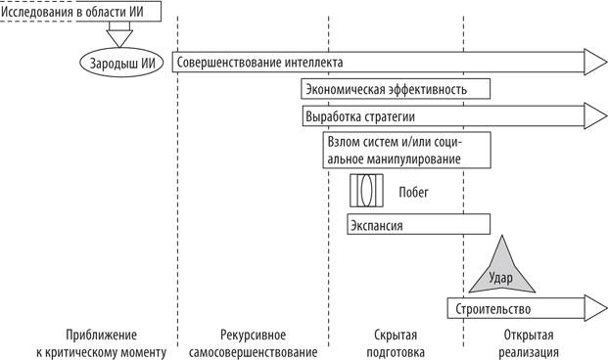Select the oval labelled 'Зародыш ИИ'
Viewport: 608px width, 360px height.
click(117, 62)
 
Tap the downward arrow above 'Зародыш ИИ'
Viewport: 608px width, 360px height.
click(118, 37)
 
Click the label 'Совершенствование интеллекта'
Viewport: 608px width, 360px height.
click(259, 63)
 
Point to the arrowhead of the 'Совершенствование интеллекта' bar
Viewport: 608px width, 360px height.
click(595, 63)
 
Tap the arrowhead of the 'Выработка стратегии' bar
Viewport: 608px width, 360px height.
click(595, 117)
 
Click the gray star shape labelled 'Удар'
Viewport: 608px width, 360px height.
click(500, 271)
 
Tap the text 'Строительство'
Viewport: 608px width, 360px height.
click(493, 309)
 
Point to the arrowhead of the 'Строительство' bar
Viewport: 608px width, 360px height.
click(595, 309)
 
